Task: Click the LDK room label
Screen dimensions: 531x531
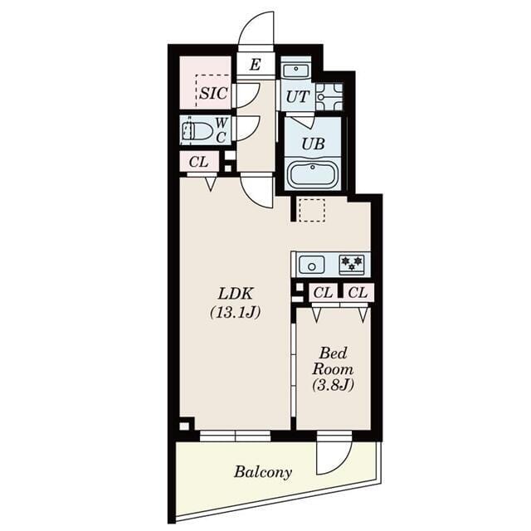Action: click(x=236, y=293)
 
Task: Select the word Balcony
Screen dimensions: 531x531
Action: click(x=262, y=472)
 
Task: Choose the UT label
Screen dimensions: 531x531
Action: click(x=297, y=96)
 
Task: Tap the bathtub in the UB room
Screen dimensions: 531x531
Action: click(x=313, y=174)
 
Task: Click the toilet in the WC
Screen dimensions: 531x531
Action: click(x=196, y=130)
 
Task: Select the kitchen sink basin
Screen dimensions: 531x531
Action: click(x=312, y=265)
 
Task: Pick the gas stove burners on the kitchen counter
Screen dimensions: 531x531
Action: click(x=352, y=264)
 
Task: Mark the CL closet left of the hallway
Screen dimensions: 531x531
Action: click(x=198, y=162)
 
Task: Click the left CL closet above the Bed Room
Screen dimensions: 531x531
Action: click(x=324, y=292)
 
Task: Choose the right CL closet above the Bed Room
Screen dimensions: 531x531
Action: click(x=358, y=292)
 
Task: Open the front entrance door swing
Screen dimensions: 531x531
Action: click(x=257, y=32)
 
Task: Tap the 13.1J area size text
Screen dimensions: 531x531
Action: click(x=236, y=313)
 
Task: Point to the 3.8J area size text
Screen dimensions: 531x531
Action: click(x=333, y=385)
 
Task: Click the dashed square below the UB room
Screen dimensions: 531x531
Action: click(x=312, y=210)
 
